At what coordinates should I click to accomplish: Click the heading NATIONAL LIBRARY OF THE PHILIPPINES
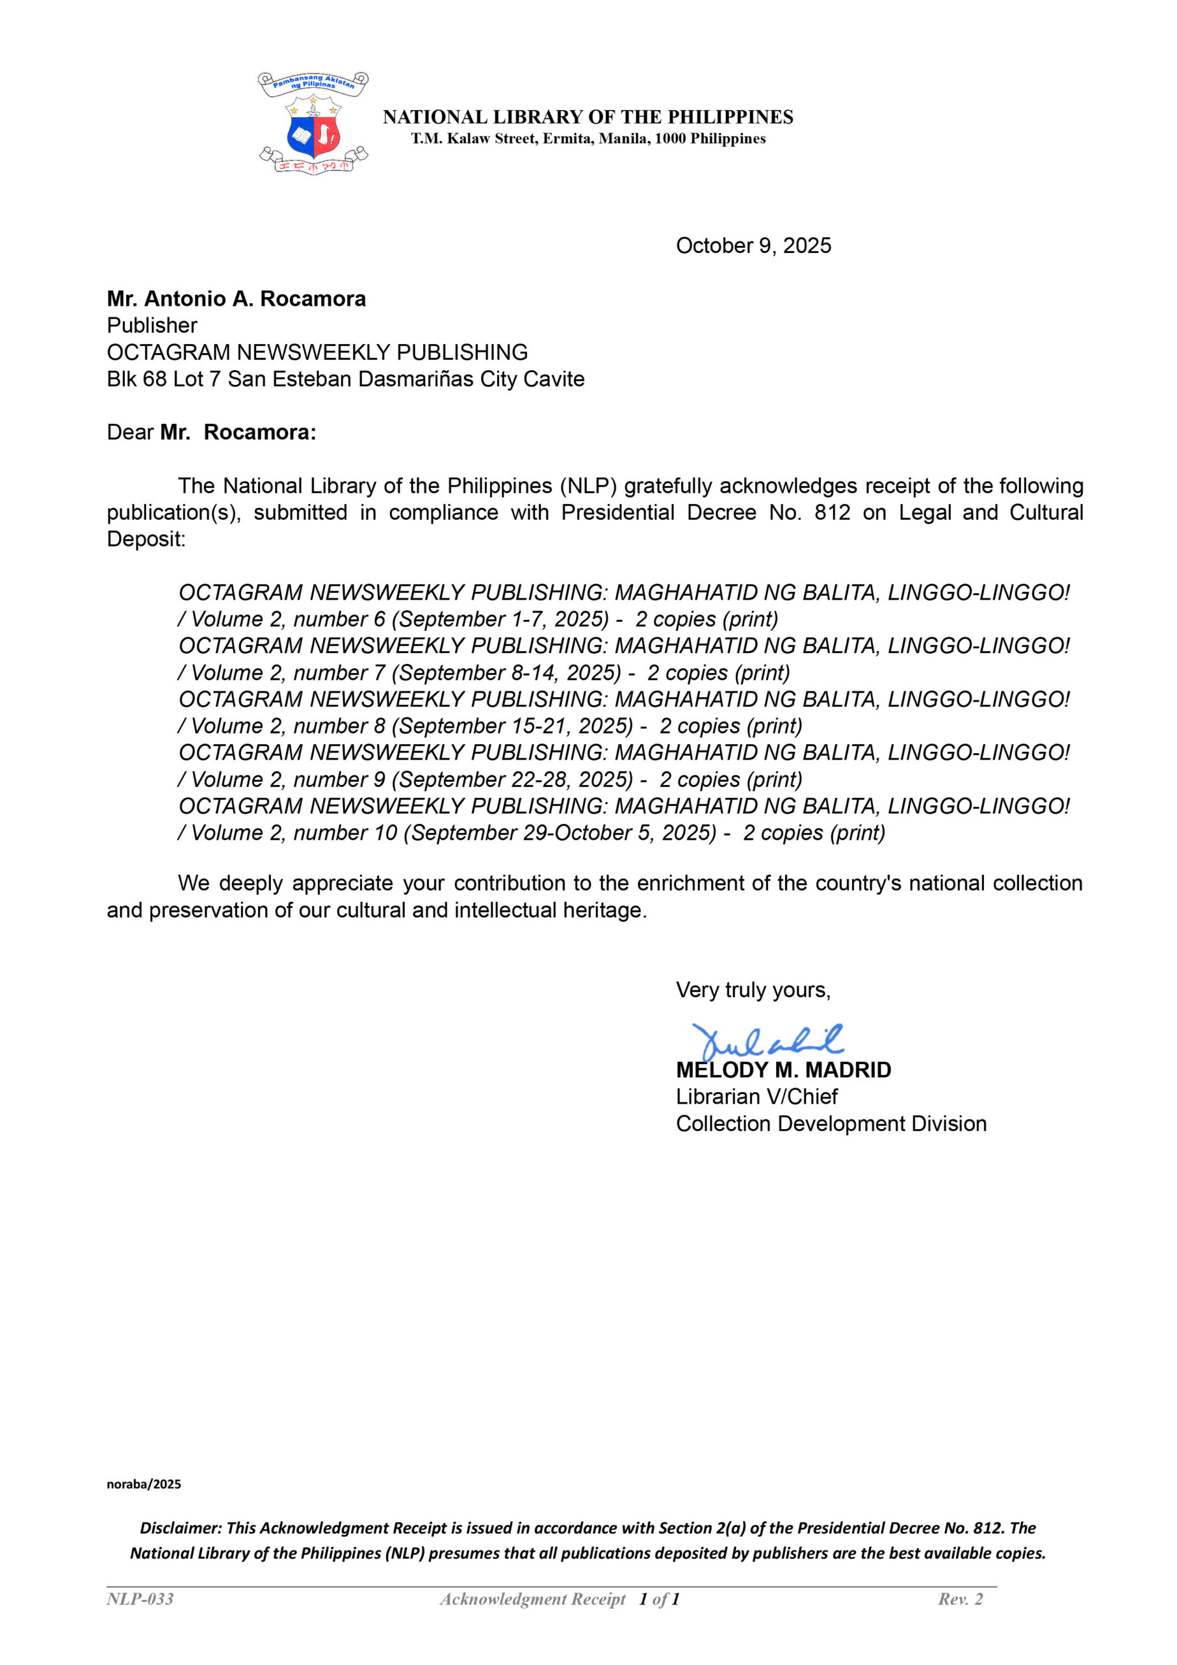[588, 117]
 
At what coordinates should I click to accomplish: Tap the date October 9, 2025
[753, 246]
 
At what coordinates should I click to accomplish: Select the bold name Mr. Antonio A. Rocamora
[237, 299]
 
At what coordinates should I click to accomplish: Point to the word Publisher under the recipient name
[152, 326]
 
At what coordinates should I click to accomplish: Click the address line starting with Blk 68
[345, 379]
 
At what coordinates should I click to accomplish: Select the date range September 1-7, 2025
[504, 619]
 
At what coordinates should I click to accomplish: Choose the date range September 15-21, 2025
[516, 726]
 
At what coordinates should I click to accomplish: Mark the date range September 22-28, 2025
[516, 780]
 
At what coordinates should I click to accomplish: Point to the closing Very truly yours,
[753, 990]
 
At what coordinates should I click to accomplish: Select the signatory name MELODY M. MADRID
[783, 1070]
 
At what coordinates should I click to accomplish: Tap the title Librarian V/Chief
[757, 1097]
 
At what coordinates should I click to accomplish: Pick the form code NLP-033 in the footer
[140, 1599]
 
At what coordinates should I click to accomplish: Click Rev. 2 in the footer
[961, 1599]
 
